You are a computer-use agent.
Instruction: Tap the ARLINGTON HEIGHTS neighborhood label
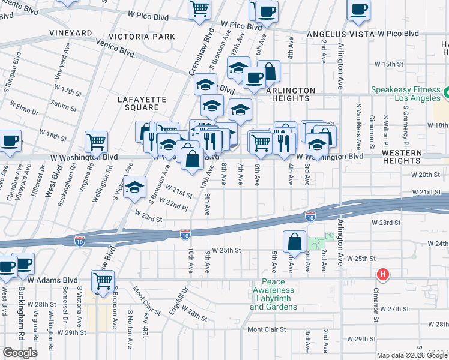tap(291, 95)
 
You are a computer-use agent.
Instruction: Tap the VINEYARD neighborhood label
tap(71, 33)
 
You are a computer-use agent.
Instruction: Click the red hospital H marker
tap(382, 275)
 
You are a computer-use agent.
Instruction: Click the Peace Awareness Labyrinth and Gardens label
tap(273, 295)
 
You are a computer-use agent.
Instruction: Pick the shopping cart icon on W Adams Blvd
tap(103, 280)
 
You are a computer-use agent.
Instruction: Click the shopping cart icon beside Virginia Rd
tap(96, 142)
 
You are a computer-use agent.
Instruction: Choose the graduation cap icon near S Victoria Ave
tap(136, 188)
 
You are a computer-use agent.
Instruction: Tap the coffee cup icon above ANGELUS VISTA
tap(359, 10)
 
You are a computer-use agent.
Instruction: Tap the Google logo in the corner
tap(20, 353)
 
